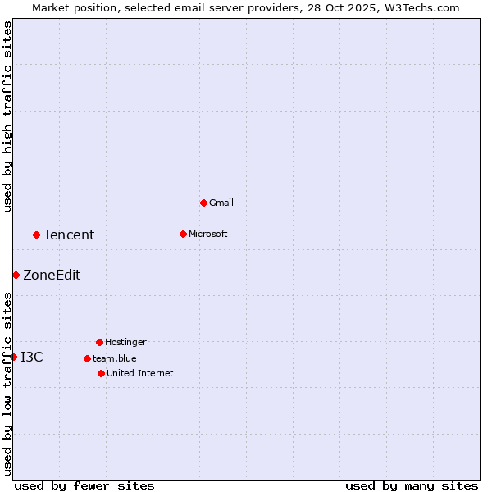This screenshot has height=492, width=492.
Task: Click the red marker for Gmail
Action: pos(203,203)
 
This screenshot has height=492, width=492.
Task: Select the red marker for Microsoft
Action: pos(183,234)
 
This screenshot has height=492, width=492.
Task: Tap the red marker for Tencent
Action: pos(36,235)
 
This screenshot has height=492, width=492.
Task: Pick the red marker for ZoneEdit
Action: pos(16,275)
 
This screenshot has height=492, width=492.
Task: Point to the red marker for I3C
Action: pos(13,357)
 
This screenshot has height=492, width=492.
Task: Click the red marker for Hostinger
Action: pos(99,342)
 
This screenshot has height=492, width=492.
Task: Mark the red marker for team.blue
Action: pos(87,358)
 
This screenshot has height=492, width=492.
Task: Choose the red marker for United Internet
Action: pos(101,373)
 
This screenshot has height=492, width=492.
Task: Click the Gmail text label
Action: pos(221,203)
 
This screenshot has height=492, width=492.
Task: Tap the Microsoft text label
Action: pos(208,234)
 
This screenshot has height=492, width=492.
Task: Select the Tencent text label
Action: pos(69,235)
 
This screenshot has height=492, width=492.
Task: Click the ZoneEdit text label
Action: pos(52,276)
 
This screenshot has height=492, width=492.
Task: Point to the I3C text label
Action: pos(32,357)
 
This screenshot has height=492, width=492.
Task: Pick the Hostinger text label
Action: pos(125,342)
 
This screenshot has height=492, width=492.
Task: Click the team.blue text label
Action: pos(115,358)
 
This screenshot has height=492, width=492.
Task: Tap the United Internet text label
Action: pos(140,373)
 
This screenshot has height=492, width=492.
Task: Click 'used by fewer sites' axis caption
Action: pos(84,485)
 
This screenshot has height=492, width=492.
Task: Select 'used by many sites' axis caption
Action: pos(412,485)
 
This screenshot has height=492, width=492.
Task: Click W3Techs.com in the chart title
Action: pos(420,7)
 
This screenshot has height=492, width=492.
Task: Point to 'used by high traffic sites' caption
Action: pos(7,116)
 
